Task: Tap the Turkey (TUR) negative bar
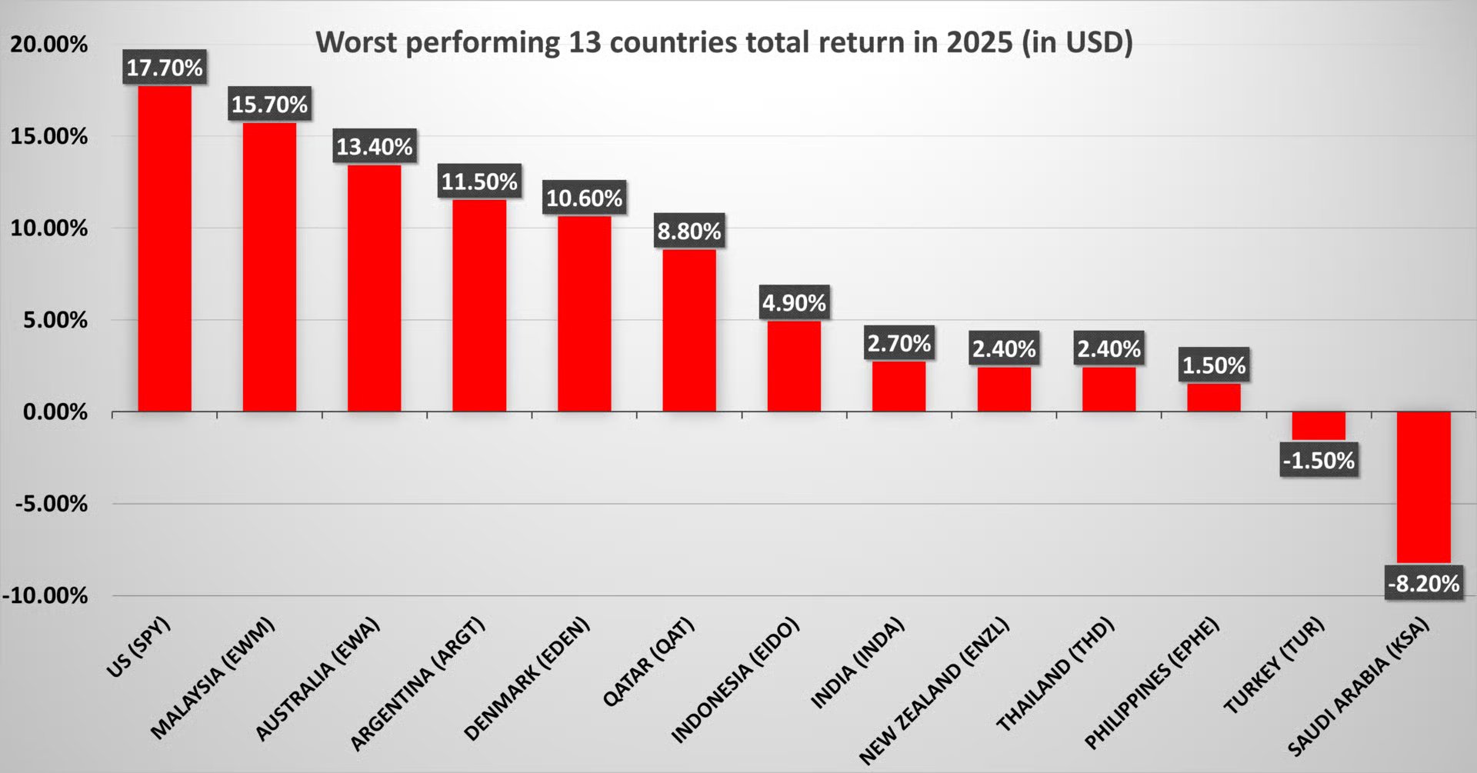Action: pos(1318,425)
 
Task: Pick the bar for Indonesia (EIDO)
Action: pos(794,366)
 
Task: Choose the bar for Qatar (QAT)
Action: pos(688,330)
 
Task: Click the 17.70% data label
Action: pos(165,68)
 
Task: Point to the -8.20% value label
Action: pos(1423,584)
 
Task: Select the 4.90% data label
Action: pos(794,303)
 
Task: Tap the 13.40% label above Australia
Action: pos(375,146)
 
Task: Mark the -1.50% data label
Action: pos(1319,461)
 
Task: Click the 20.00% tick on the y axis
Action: pos(48,45)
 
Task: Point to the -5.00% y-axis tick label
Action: pos(51,504)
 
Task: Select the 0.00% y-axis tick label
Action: pos(55,412)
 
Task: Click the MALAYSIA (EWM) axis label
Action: pos(212,678)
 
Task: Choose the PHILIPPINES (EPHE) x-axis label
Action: pos(1152,683)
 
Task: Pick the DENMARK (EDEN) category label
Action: pos(526,678)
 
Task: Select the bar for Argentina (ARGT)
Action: pos(479,305)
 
